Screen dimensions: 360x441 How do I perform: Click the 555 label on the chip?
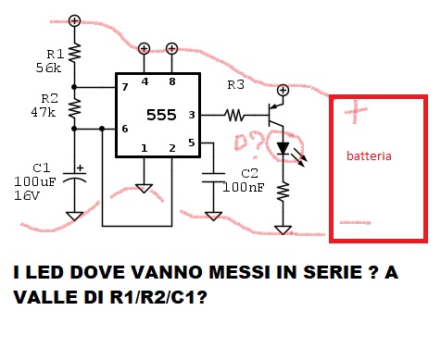(157, 115)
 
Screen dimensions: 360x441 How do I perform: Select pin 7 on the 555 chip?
(123, 87)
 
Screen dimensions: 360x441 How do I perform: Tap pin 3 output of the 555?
(191, 115)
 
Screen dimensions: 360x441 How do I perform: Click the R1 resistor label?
(55, 53)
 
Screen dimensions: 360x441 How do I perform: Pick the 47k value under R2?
(44, 112)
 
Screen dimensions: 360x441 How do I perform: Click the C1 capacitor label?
(43, 167)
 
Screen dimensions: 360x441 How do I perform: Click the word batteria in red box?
(369, 156)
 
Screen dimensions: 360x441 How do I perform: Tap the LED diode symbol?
(283, 148)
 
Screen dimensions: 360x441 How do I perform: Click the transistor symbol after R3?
(276, 115)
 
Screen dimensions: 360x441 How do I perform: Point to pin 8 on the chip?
(172, 81)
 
